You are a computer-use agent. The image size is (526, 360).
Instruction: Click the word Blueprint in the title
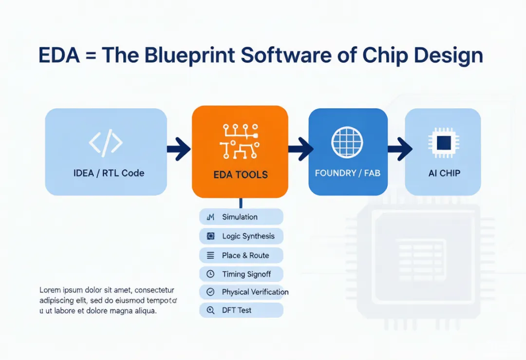pyautogui.click(x=189, y=56)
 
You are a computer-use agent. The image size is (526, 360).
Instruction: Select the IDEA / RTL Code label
pyautogui.click(x=109, y=173)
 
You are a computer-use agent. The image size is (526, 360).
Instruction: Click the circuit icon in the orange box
pyautogui.click(x=240, y=141)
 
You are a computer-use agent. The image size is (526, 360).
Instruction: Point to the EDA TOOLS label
pyautogui.click(x=241, y=175)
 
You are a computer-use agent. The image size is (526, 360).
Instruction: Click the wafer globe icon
pyautogui.click(x=347, y=142)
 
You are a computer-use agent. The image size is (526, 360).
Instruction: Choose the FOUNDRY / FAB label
pyautogui.click(x=348, y=173)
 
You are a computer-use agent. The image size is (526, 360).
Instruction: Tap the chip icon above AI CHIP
pyautogui.click(x=444, y=143)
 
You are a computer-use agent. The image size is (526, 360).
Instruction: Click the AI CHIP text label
pyautogui.click(x=444, y=173)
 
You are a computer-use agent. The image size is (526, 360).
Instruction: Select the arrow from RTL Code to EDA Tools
pyautogui.click(x=179, y=149)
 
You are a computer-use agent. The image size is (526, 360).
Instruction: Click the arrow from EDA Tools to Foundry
pyautogui.click(x=301, y=149)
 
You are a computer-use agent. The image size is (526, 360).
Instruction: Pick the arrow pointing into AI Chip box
pyautogui.click(x=400, y=149)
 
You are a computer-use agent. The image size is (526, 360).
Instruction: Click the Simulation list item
pyautogui.click(x=241, y=217)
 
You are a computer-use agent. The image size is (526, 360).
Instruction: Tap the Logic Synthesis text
pyautogui.click(x=248, y=236)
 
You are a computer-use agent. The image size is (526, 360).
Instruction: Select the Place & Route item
pyautogui.click(x=241, y=255)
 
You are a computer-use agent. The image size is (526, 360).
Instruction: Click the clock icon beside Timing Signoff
pyautogui.click(x=210, y=274)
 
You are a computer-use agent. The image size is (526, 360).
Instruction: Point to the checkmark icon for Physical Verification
pyautogui.click(x=210, y=292)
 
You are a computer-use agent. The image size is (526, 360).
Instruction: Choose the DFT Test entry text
pyautogui.click(x=237, y=310)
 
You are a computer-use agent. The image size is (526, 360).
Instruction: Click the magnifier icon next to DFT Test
pyautogui.click(x=210, y=310)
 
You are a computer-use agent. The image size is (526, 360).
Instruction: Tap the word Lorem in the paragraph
pyautogui.click(x=50, y=290)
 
